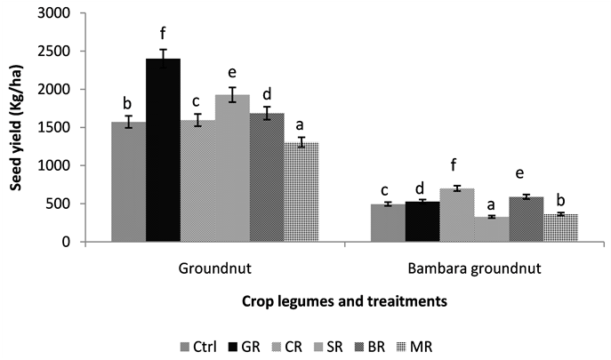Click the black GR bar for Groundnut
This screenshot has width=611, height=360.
163,151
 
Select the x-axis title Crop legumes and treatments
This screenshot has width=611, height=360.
344,301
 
